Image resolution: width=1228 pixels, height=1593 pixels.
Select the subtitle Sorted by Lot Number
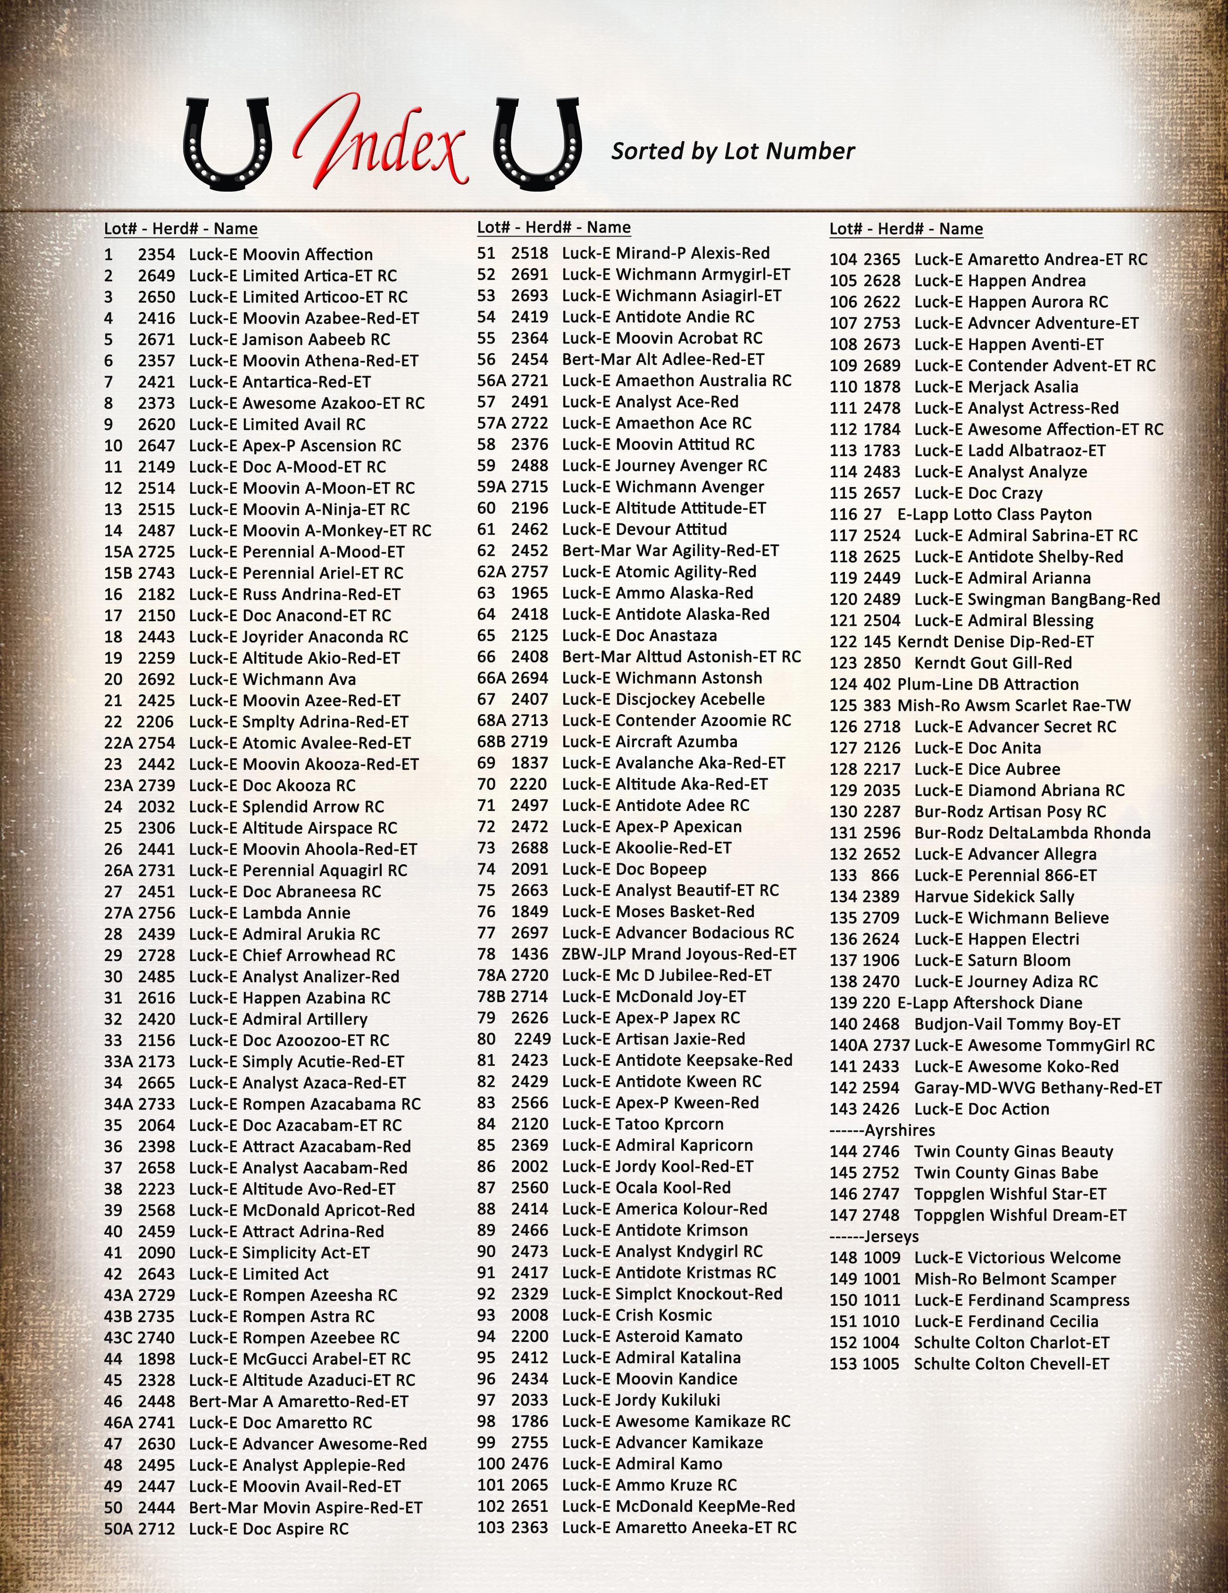click(732, 151)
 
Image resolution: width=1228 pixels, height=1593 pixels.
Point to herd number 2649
click(157, 276)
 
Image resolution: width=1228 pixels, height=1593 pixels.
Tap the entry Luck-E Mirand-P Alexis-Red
click(665, 253)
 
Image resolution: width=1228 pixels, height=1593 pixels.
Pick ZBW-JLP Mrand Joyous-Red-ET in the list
click(678, 954)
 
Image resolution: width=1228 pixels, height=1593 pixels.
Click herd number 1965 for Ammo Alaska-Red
click(529, 593)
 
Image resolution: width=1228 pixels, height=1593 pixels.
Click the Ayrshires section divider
click(882, 1130)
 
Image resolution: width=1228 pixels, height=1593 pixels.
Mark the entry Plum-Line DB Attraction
click(987, 684)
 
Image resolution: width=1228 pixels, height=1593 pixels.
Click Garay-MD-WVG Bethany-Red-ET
click(1037, 1087)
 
